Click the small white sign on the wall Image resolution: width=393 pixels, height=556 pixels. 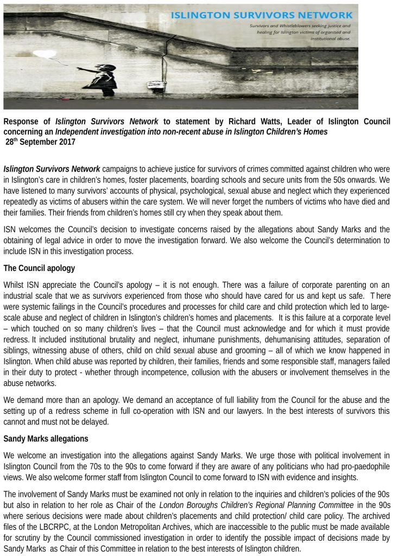coord(157,85)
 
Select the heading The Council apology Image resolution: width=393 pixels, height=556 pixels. coord(39,268)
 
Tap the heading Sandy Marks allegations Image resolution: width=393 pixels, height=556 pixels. coord(46,438)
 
